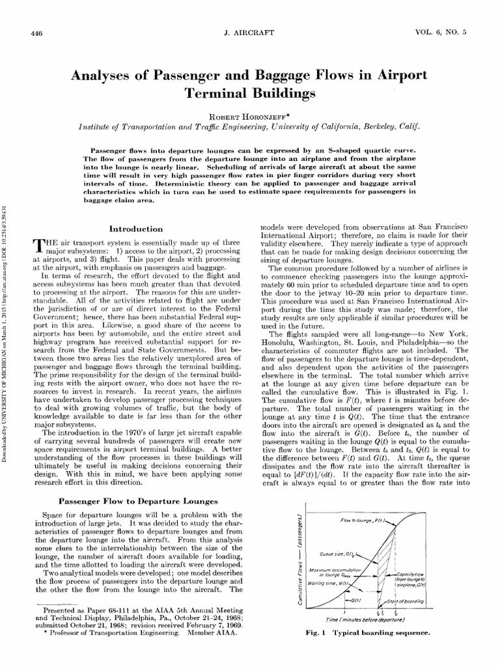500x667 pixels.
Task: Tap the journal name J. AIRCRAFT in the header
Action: tap(250, 33)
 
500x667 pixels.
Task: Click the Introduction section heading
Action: tap(136, 229)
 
